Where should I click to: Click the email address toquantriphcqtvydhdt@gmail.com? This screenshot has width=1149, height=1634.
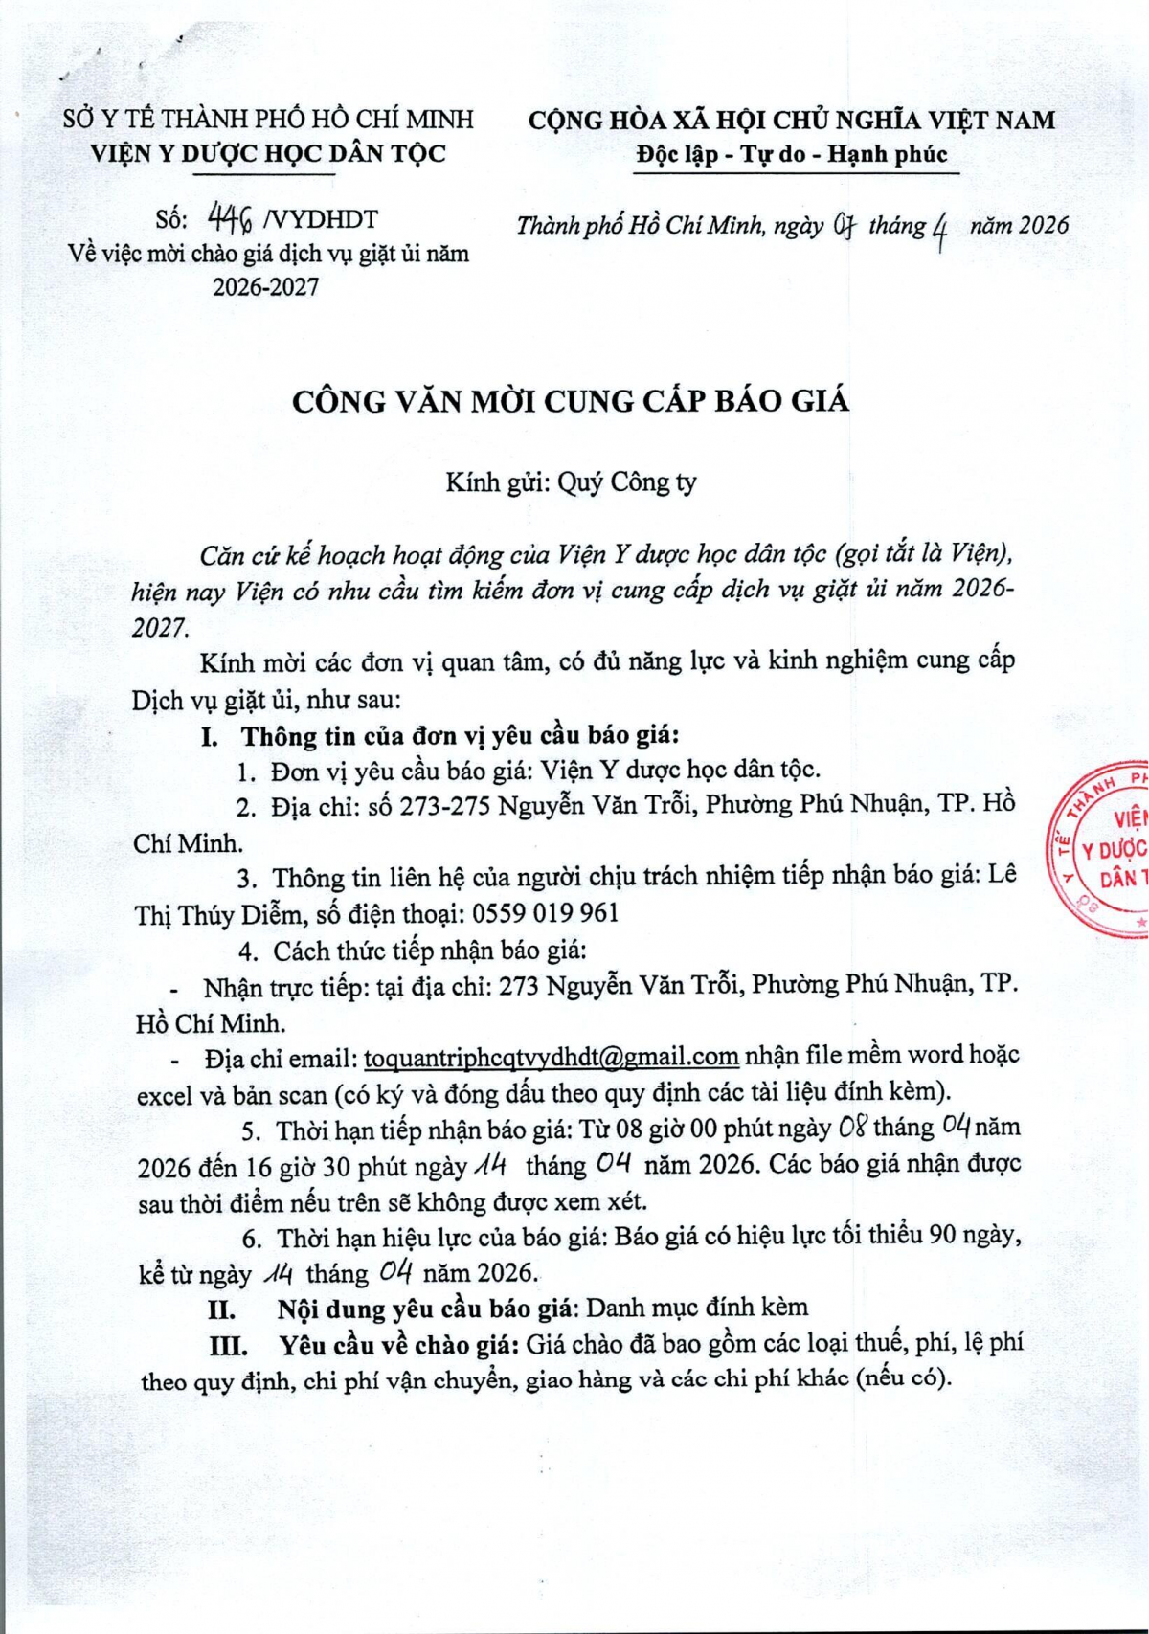551,1057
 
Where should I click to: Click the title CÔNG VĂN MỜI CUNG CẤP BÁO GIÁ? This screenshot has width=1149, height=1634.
571,401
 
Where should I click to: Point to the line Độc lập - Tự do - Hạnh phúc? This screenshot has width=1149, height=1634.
792,154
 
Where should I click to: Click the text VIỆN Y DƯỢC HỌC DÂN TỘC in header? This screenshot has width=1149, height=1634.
268,153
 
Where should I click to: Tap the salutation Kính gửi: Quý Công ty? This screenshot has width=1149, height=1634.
571,482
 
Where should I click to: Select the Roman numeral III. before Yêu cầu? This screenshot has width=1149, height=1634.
229,1346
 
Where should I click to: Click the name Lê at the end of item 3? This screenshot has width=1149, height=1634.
1003,874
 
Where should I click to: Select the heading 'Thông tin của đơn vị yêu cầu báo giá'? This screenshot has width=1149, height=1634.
460,735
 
